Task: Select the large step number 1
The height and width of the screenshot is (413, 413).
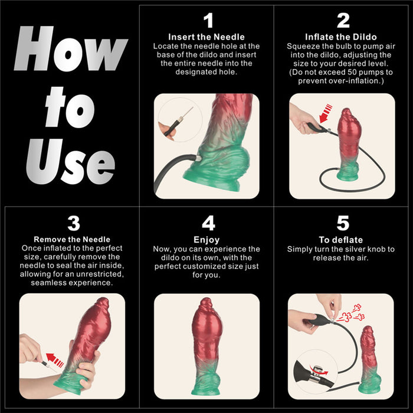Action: [208, 21]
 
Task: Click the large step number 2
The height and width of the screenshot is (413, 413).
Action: [343, 21]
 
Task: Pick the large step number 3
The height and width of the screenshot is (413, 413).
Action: [73, 224]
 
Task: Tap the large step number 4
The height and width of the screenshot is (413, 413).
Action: [208, 224]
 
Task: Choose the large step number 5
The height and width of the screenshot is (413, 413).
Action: [343, 224]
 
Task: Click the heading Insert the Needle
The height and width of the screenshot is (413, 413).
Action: [206, 37]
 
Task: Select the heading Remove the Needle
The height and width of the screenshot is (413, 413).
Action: [72, 240]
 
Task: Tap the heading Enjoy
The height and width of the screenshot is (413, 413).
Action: [206, 240]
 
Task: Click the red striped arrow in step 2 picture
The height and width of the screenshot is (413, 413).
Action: [326, 111]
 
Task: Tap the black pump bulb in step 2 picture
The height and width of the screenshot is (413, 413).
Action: [313, 126]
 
